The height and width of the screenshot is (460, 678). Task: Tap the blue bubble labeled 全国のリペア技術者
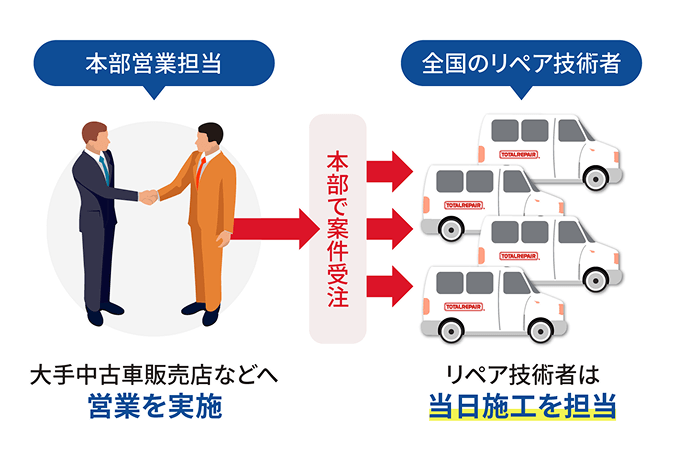pos(520,65)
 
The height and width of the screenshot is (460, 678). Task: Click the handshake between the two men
pos(149,196)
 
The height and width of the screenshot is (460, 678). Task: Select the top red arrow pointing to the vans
pos(391,170)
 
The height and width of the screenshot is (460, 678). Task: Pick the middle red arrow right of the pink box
pos(391,227)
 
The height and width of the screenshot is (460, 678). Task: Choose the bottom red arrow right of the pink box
pos(391,285)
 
